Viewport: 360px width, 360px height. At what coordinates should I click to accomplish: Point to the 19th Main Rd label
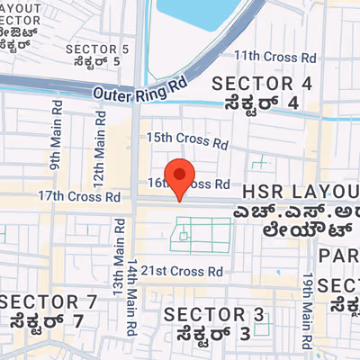(309, 302)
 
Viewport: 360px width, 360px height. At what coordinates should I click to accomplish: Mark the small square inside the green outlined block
(184, 237)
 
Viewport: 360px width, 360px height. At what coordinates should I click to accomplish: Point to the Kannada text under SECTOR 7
(48, 319)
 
